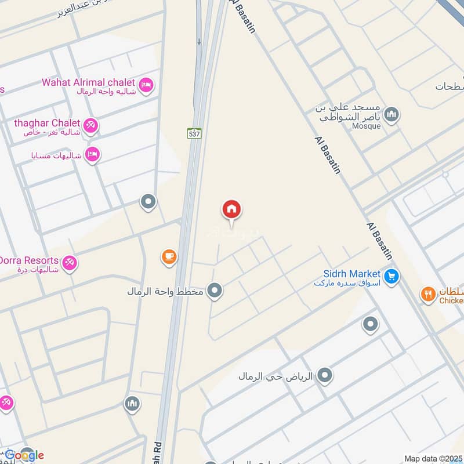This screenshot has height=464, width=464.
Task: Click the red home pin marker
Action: coord(231,210)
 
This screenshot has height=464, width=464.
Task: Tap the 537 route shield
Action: coord(195,133)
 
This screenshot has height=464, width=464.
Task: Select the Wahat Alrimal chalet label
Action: coord(88,82)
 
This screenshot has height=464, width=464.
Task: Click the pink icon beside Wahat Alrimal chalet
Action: coord(147,85)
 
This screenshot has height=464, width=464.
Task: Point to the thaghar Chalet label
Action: coord(47,123)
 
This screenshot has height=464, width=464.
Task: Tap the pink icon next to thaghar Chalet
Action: coord(90,125)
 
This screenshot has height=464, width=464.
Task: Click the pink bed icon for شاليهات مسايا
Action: coord(92,154)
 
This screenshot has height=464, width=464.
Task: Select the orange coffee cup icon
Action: coord(169,256)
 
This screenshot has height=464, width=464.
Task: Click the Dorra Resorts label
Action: coord(28,260)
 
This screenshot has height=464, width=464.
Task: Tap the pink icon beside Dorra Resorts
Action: coord(70,263)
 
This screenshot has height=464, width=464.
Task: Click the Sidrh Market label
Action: coord(352,273)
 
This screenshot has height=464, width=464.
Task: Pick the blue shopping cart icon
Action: coord(392,276)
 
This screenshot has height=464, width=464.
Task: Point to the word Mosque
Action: coord(366,126)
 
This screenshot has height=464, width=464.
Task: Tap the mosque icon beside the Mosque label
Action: coord(391,115)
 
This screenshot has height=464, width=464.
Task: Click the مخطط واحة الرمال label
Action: coord(165,291)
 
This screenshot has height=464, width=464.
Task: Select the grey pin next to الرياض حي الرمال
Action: coord(325,376)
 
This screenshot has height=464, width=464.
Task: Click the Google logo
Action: coord(24,455)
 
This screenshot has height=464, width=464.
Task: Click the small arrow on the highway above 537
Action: coord(199,42)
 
